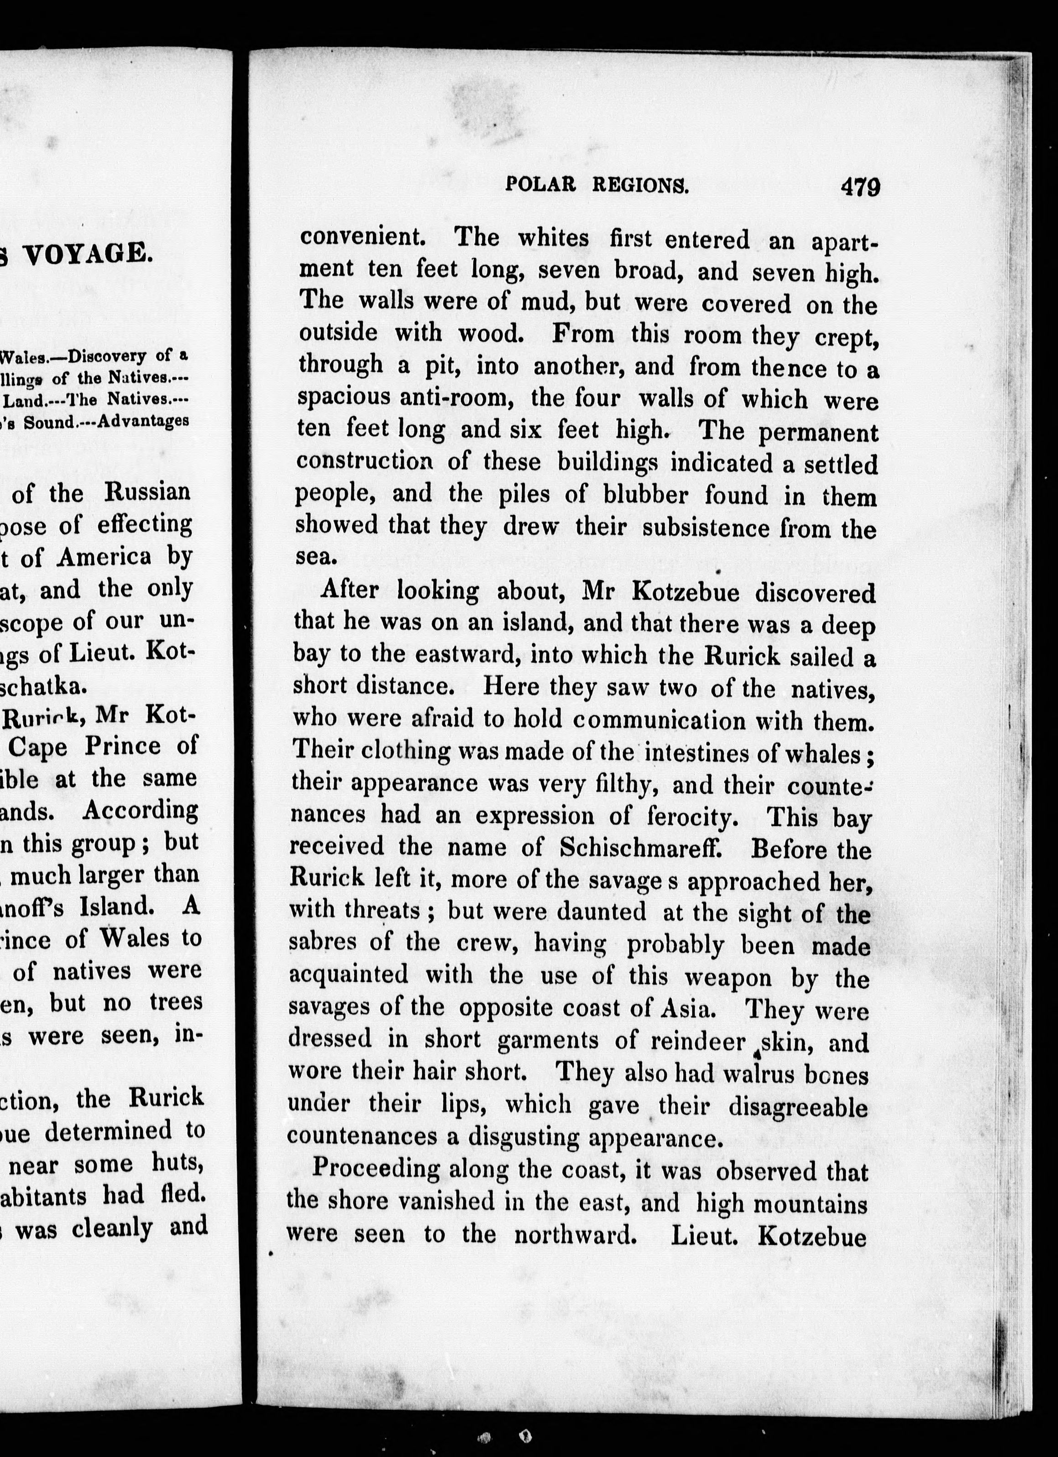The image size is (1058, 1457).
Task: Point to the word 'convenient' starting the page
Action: point(361,238)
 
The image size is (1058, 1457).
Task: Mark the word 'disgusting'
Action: point(524,1138)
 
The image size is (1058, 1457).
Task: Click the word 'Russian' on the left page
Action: point(148,493)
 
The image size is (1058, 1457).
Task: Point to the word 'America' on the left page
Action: point(104,556)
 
